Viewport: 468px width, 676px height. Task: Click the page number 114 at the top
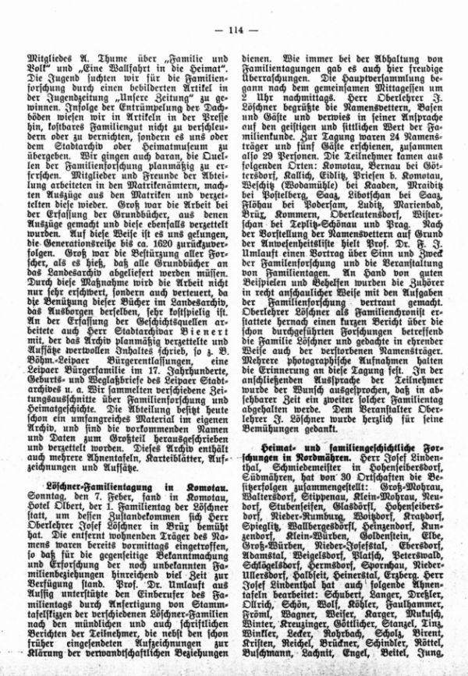click(233, 30)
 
